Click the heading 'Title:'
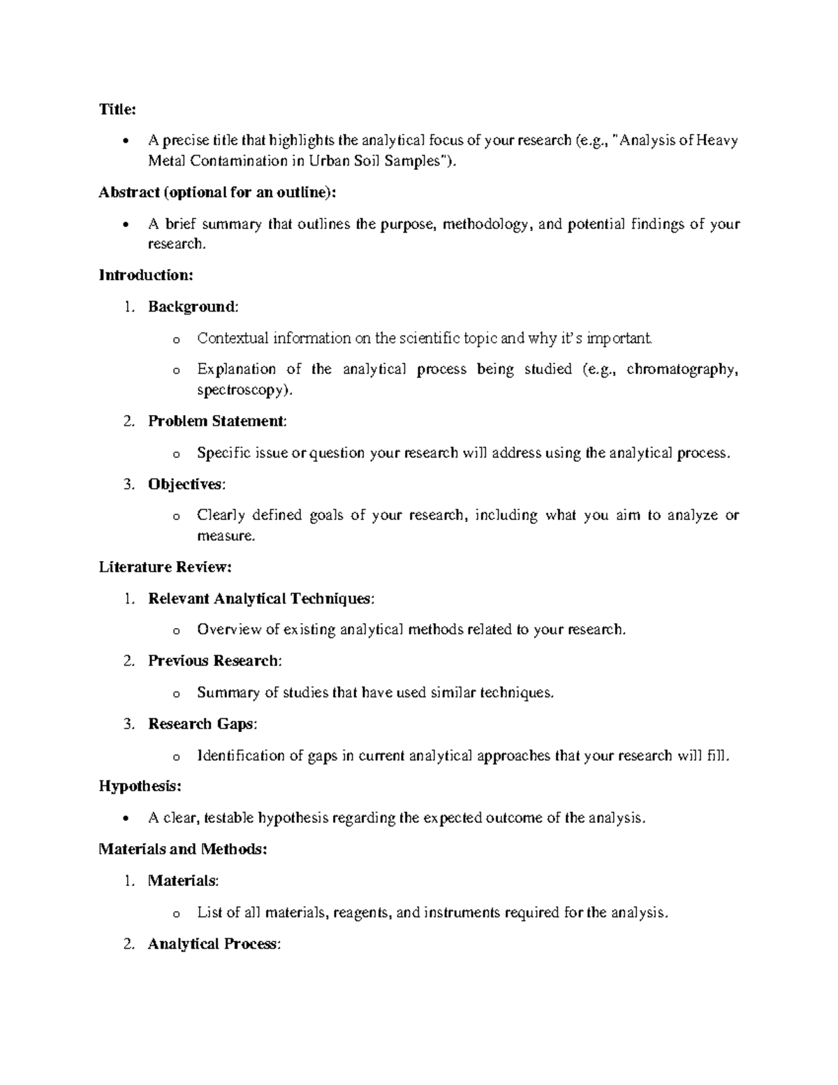tap(117, 109)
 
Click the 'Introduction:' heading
tap(145, 275)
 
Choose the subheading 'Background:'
tap(193, 307)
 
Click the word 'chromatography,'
tap(682, 370)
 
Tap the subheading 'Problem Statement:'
tap(217, 421)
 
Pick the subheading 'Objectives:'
tap(186, 484)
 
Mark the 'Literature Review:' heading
tap(165, 567)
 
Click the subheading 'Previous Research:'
tap(214, 661)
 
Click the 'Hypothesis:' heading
tap(140, 786)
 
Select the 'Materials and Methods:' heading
tap(182, 849)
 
